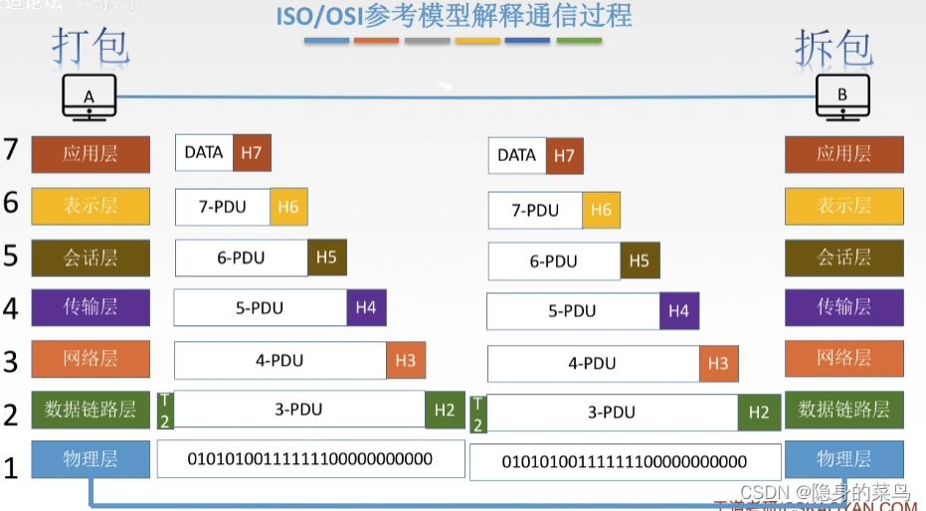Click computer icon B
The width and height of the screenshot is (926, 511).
point(843,97)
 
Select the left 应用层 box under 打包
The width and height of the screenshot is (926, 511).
point(91,154)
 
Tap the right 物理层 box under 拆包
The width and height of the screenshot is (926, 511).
point(843,459)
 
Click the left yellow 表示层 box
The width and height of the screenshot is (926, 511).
point(91,206)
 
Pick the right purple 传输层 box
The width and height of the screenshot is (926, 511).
point(843,307)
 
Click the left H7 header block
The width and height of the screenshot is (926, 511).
point(252,153)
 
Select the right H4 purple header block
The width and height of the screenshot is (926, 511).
point(678,311)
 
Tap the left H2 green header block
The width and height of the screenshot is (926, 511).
point(444,410)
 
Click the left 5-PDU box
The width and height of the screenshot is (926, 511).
point(260,308)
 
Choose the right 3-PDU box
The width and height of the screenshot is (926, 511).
point(612,413)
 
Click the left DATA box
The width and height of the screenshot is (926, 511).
point(204,153)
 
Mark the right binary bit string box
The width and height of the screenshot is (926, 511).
point(624,461)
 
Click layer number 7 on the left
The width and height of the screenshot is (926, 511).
point(11,150)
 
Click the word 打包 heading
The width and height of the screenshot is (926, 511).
point(91,46)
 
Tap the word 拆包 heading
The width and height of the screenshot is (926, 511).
point(833,46)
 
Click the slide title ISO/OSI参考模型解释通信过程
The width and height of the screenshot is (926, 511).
point(454,17)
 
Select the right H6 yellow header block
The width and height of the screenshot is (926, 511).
point(601,211)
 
